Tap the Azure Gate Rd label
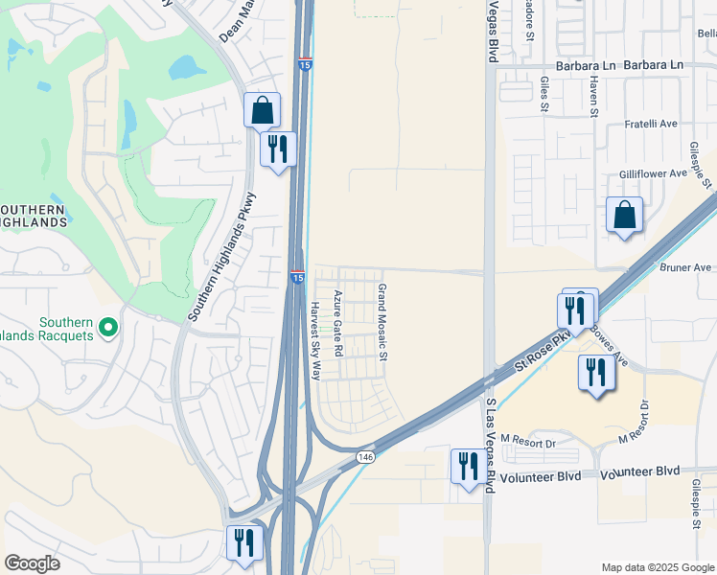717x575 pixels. [337, 323]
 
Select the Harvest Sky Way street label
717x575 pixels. [314, 340]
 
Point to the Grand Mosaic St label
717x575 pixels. [381, 323]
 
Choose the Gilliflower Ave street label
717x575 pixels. [653, 172]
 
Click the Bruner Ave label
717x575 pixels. [685, 267]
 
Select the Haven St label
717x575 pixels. [593, 99]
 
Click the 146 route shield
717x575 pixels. [366, 456]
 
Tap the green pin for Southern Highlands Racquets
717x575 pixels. [108, 328]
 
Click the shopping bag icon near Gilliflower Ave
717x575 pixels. [624, 215]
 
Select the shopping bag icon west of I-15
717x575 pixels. [262, 110]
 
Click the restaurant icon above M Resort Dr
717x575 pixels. [595, 371]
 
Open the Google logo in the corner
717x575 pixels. [32, 563]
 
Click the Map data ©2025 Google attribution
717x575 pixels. [658, 567]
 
